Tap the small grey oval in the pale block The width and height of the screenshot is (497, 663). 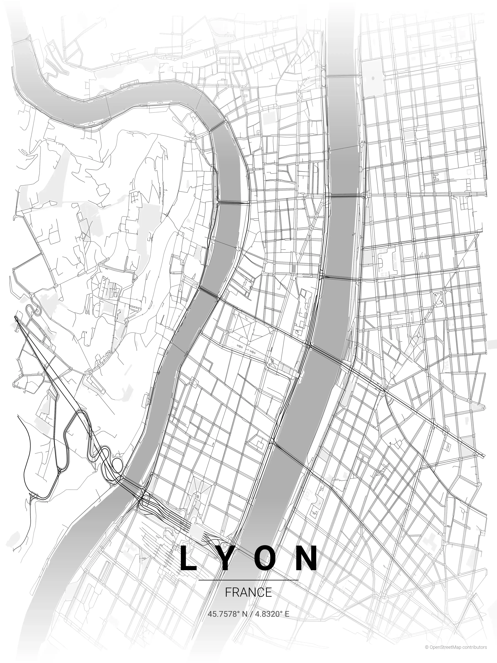[x=373, y=79]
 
